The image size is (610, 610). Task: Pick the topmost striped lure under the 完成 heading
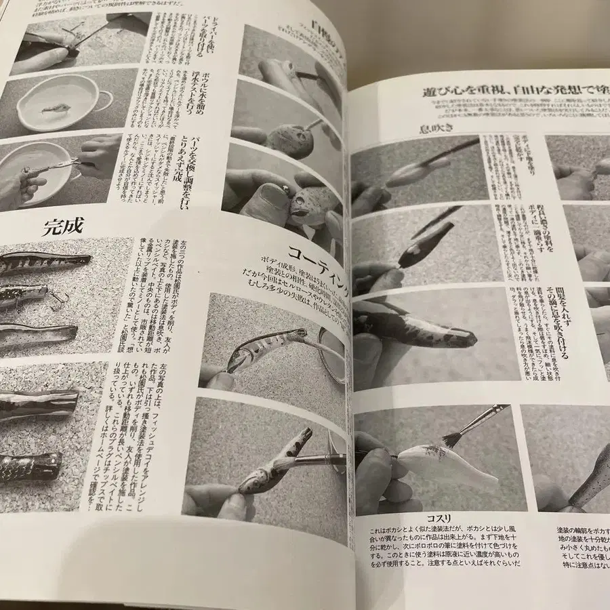[x=44, y=261]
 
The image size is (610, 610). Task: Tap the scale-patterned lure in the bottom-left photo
[x=30, y=466]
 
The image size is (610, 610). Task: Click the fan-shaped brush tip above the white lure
[x=451, y=437]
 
